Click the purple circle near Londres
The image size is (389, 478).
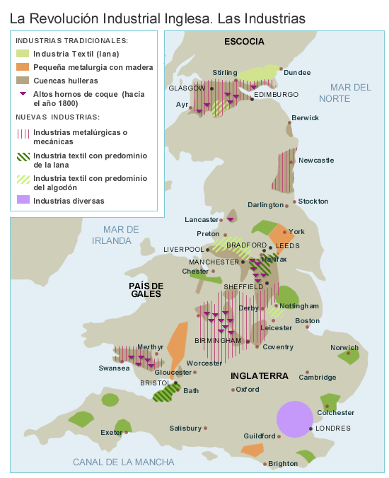(x=294, y=418)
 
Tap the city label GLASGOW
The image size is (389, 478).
(x=186, y=88)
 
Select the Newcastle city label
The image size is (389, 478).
(x=316, y=161)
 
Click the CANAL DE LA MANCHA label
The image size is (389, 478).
(x=123, y=462)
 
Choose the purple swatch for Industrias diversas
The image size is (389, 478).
(x=23, y=201)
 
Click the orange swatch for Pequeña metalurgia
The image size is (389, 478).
(x=23, y=67)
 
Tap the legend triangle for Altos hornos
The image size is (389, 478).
(x=23, y=94)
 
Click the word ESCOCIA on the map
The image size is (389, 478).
(x=244, y=42)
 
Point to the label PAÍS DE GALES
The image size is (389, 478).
(x=146, y=290)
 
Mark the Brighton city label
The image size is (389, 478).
(x=283, y=464)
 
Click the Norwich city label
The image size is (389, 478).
(x=344, y=347)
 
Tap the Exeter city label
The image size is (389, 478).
(x=111, y=432)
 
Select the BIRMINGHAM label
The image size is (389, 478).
(x=218, y=341)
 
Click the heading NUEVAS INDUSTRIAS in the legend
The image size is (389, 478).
(x=57, y=117)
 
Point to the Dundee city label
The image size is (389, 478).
(x=296, y=72)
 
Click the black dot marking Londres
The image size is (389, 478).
(x=311, y=429)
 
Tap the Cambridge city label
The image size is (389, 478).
(x=317, y=377)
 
